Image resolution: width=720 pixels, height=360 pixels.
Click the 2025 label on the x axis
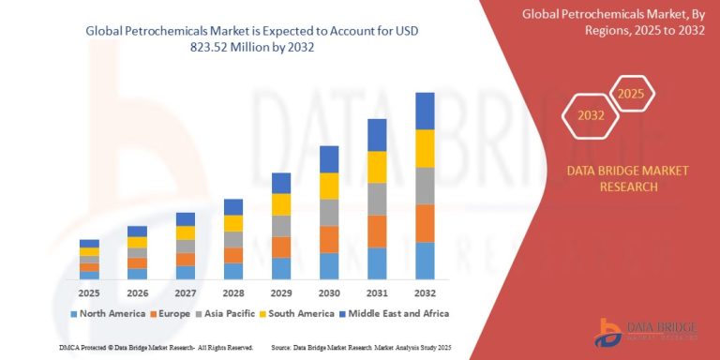pos(89,292)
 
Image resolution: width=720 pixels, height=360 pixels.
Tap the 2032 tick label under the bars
pos(425,292)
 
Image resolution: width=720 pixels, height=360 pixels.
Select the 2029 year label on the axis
pos(281,292)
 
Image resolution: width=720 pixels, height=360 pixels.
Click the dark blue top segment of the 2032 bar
pos(425,111)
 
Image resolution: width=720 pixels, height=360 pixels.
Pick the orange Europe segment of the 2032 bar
pos(425,223)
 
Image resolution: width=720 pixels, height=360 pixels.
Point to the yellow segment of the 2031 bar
pos(377,167)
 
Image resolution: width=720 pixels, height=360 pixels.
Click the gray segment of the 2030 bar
pos(329,213)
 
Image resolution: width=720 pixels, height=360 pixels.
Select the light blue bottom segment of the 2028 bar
pos(233,271)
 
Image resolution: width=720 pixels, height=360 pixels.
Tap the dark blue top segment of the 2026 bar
pos(137,231)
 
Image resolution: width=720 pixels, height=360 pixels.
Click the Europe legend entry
pos(173,313)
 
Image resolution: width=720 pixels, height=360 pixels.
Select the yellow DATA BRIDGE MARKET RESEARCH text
pos(614,178)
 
